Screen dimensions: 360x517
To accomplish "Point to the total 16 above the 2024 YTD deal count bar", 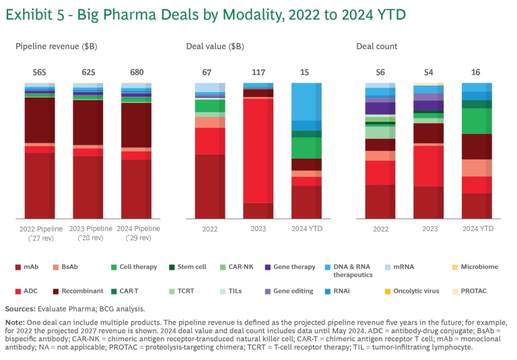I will (x=477, y=72).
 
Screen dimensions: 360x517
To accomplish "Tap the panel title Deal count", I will (x=377, y=46).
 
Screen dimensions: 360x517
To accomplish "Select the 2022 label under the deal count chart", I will (x=380, y=229).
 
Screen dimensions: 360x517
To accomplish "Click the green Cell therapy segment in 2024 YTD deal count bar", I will (x=477, y=121).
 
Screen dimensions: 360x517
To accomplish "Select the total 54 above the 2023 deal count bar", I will (x=428, y=72).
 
